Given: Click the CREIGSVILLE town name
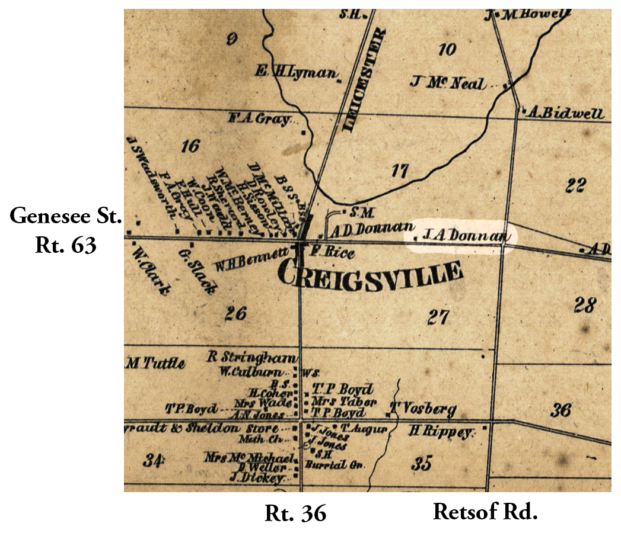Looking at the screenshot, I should (x=370, y=276).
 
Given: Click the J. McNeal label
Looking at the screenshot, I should (x=455, y=83).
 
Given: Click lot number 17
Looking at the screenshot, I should (x=400, y=172).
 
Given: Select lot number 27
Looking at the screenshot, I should (x=438, y=317).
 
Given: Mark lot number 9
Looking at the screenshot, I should (x=232, y=40).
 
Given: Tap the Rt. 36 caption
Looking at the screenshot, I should (x=295, y=513).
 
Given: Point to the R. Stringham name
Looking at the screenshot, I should (x=251, y=357).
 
